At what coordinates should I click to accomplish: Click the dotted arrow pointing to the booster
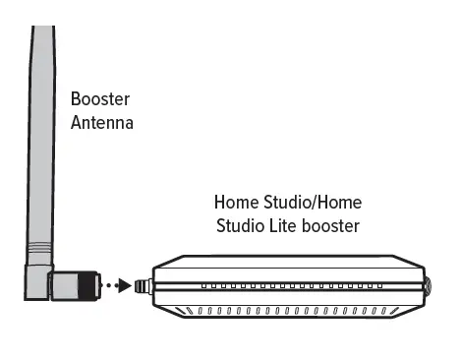pos(116,287)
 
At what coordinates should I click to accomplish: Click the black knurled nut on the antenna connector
pos(91,286)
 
